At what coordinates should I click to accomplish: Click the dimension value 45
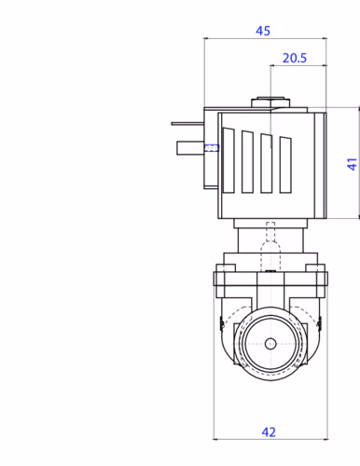(263, 31)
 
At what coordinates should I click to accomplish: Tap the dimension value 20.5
(295, 58)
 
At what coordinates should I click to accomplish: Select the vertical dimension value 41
(352, 164)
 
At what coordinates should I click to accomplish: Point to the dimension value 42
(269, 432)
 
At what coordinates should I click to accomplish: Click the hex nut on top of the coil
(270, 103)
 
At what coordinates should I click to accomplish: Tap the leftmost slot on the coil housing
(228, 160)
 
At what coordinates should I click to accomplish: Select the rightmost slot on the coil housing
(285, 165)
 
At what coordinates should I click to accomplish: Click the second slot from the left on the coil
(247, 161)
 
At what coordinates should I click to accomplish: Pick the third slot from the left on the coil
(267, 163)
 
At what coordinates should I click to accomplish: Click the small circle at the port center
(270, 344)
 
